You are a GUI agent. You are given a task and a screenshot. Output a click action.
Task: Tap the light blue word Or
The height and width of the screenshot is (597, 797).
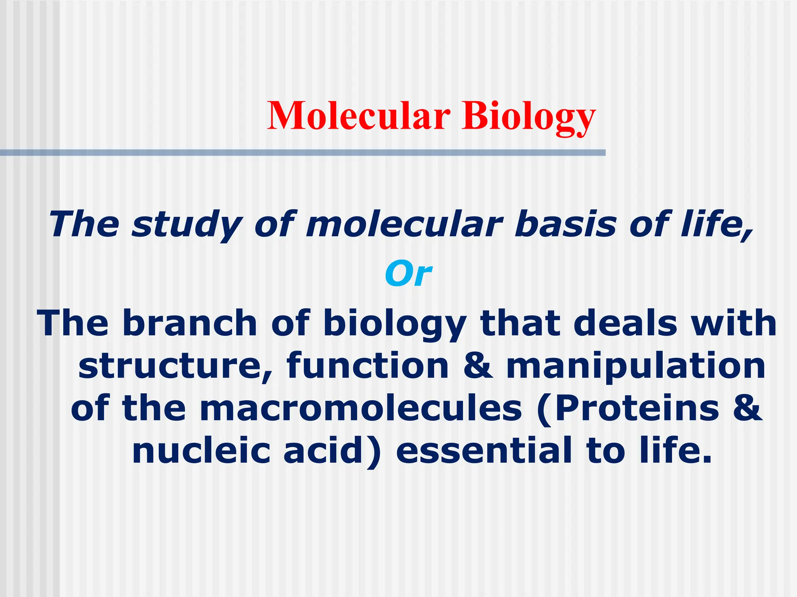click(x=408, y=274)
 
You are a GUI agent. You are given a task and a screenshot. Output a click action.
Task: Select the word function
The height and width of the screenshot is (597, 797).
click(x=368, y=366)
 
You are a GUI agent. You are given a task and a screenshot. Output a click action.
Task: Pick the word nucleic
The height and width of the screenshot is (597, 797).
click(x=201, y=451)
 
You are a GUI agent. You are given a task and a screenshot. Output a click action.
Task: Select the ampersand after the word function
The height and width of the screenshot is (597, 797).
click(x=478, y=366)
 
